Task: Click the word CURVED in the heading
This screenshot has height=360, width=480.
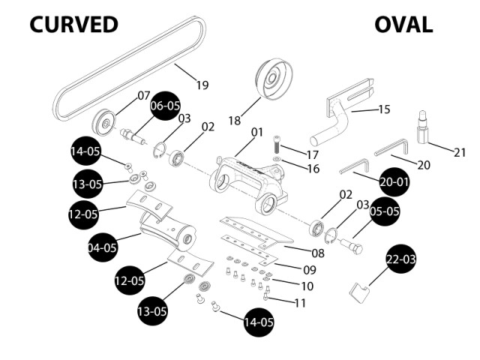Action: tap(73, 24)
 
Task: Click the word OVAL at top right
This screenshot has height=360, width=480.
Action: tap(403, 24)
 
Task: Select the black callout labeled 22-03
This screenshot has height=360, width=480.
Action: tap(401, 259)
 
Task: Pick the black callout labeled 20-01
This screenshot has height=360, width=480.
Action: tap(394, 181)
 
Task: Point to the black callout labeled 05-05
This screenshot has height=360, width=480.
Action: tap(384, 212)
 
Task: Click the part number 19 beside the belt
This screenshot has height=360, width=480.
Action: tap(202, 85)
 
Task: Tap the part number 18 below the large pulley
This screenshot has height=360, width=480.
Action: tap(234, 120)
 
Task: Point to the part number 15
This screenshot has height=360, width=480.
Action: tap(383, 109)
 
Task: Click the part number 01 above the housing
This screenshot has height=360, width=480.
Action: tap(257, 132)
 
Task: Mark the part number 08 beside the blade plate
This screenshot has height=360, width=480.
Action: tap(318, 253)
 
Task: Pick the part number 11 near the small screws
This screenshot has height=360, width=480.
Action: tap(301, 303)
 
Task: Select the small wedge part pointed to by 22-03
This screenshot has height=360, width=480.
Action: tap(360, 289)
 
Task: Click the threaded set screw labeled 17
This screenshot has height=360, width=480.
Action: tap(277, 144)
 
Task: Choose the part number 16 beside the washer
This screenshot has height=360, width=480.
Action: tap(313, 169)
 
